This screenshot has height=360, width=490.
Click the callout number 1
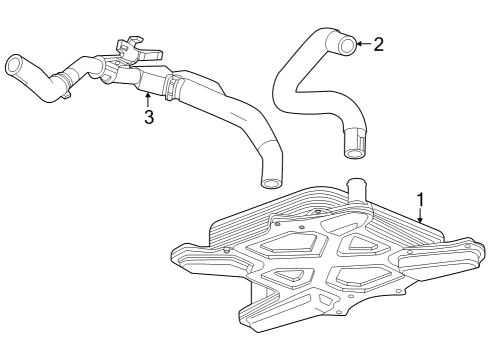(421, 199)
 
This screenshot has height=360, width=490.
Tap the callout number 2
(378, 44)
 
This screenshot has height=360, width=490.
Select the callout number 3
(149, 117)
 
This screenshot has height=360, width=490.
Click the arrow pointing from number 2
(364, 44)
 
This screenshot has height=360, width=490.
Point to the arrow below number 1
(420, 215)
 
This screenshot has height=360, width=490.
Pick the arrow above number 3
(148, 100)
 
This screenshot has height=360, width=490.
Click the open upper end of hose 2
(347, 45)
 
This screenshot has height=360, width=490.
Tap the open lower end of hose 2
(353, 154)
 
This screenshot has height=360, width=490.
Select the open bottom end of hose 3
(270, 183)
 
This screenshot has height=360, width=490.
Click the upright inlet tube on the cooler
(357, 191)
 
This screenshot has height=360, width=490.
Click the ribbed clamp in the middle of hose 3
(171, 87)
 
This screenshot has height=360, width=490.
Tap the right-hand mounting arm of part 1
(439, 255)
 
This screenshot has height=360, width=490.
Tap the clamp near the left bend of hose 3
(65, 83)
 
